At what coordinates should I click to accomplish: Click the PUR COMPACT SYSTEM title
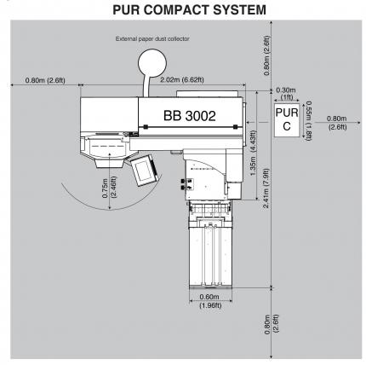(189, 9)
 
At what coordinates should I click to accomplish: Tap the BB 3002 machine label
(190, 116)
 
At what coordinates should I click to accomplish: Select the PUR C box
(287, 120)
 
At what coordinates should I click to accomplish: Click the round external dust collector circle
(152, 63)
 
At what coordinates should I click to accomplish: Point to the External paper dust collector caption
(152, 38)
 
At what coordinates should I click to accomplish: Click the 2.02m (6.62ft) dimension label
(182, 80)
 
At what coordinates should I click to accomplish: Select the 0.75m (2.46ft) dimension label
(109, 187)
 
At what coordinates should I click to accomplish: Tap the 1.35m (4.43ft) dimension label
(254, 153)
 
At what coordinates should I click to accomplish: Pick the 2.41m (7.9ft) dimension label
(266, 188)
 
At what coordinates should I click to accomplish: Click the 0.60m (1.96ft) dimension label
(210, 301)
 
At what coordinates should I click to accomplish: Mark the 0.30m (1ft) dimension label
(286, 94)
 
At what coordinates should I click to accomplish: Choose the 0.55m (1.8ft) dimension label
(308, 121)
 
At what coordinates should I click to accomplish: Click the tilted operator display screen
(145, 170)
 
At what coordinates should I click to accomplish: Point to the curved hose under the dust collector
(146, 85)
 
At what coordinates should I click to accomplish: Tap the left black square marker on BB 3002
(146, 127)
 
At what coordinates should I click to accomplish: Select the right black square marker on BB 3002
(235, 127)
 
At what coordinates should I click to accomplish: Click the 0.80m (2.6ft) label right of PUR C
(337, 123)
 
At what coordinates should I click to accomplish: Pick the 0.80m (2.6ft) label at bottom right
(272, 324)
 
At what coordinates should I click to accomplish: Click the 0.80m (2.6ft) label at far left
(45, 80)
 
